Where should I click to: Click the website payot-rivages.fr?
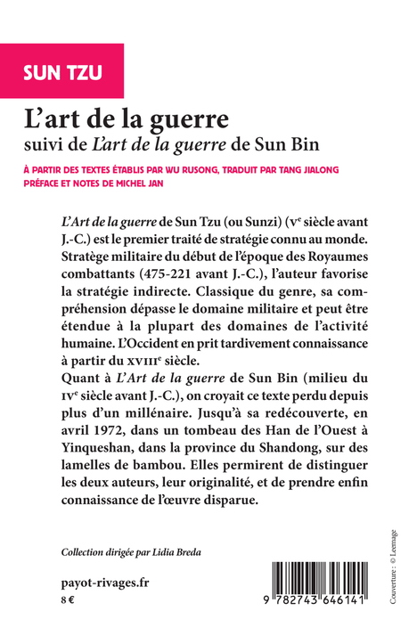(x=94, y=584)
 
